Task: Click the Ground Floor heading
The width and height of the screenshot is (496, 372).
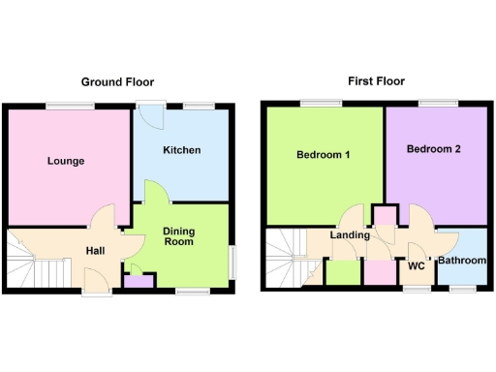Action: coord(117,82)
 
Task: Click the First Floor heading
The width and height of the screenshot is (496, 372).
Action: coord(376,81)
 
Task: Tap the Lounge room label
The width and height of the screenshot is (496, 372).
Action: coord(65,161)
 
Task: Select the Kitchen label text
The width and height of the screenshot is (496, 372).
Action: coord(181,150)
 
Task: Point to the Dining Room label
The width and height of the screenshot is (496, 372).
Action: coord(179,236)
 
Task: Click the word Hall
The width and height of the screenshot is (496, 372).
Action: coord(95,251)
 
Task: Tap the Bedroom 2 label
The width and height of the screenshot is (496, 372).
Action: coord(434,149)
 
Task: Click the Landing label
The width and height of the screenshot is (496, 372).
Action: coord(349,235)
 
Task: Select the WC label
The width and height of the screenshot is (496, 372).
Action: coord(418,264)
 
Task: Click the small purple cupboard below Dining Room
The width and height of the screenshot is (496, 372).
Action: coord(138,282)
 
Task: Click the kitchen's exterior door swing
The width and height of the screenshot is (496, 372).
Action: coord(151,116)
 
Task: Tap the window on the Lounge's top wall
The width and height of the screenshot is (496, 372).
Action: coord(65,105)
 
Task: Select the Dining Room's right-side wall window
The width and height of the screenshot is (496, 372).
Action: coord(232,261)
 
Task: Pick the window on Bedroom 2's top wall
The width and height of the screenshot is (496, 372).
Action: coord(432,103)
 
